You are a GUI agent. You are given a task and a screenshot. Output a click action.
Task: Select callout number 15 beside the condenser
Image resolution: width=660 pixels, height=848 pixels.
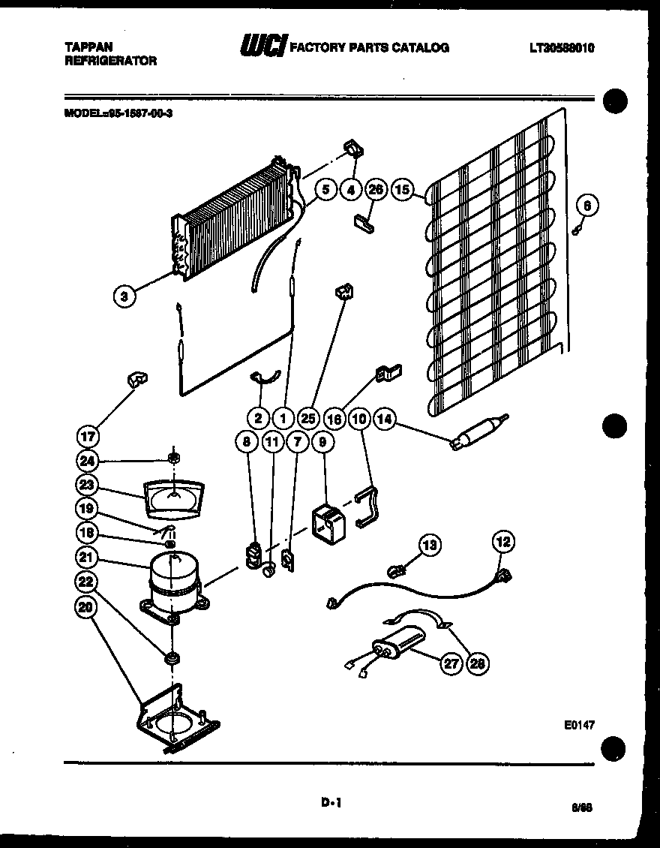pos(403,190)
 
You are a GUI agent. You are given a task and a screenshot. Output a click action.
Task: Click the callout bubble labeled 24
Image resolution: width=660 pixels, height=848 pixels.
pos(87,460)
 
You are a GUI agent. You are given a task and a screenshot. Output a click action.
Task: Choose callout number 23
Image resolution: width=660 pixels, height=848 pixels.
pos(87,484)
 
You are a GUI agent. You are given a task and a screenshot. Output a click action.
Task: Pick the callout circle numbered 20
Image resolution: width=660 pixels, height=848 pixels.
pos(87,607)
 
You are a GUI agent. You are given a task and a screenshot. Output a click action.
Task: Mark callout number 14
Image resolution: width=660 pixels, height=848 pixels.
pos(385,419)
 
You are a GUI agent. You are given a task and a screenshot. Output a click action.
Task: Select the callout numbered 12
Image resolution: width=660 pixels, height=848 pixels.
pos(502,540)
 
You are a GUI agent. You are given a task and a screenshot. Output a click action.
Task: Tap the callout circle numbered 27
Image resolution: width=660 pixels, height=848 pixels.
pos(449,663)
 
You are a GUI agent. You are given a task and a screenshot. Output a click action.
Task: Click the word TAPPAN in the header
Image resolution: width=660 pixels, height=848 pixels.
pos(83,47)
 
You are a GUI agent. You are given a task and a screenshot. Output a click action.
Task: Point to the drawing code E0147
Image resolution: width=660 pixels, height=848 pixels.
pos(579,726)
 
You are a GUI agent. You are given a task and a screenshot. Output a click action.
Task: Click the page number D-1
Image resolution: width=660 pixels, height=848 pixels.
pos(331,802)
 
